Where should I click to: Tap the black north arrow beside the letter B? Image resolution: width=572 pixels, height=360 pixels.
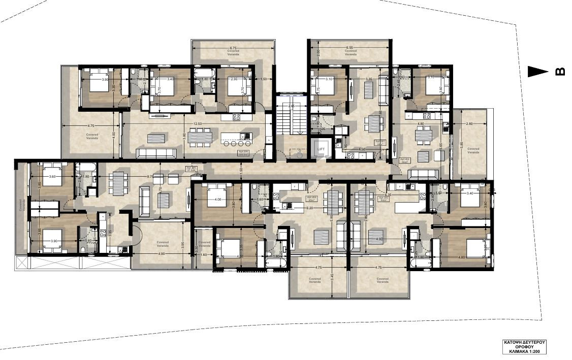pos(538,72)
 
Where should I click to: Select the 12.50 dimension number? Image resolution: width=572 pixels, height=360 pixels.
pos(197,123)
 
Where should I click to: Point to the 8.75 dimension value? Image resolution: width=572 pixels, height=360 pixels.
pos(150,176)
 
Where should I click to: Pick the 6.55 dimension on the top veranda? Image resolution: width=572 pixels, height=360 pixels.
pos(349,48)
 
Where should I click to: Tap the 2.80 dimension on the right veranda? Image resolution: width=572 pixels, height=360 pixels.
pos(469,123)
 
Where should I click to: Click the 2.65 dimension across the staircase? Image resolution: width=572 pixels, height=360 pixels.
pos(291,106)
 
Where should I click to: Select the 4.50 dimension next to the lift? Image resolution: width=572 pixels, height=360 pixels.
pos(361,149)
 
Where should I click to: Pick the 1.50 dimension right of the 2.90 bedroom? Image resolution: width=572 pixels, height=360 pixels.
pos(263,80)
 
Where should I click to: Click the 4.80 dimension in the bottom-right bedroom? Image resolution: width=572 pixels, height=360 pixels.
pos(461,257)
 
